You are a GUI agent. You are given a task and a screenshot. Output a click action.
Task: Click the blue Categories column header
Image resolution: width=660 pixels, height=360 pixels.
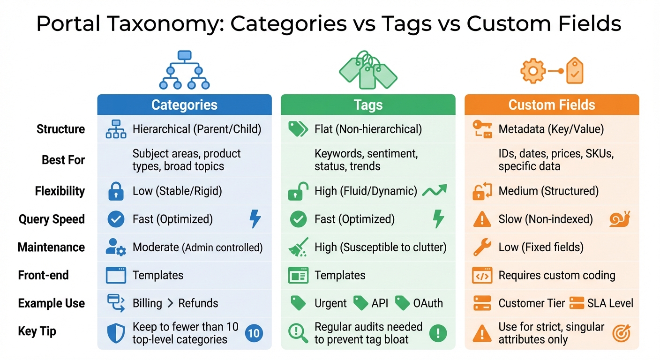(x=184, y=105)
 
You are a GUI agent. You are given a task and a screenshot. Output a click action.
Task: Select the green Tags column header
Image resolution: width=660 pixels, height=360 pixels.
(x=368, y=105)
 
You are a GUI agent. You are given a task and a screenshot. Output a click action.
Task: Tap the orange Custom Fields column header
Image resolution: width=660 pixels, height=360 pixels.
(x=552, y=105)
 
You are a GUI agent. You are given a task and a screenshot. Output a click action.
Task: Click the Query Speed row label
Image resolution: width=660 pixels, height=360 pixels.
(x=52, y=219)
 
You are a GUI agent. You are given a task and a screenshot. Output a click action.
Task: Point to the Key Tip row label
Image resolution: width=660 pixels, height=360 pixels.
(x=37, y=331)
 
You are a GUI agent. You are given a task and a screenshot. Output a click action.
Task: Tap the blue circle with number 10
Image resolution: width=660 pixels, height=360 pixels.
(x=254, y=333)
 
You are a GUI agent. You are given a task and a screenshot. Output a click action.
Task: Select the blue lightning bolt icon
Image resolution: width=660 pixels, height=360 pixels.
(x=255, y=219)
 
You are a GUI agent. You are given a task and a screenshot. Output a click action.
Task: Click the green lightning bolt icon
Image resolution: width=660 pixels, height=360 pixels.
(x=438, y=219)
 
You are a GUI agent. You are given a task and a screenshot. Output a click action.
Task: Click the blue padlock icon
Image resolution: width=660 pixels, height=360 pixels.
(x=115, y=191)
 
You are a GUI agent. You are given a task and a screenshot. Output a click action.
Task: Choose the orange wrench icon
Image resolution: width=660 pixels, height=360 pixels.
(x=482, y=247)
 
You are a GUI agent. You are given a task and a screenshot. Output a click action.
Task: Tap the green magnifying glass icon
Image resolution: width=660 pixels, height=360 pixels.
(x=298, y=333)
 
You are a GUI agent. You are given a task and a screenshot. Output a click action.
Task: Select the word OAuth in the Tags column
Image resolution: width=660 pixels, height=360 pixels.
(x=428, y=304)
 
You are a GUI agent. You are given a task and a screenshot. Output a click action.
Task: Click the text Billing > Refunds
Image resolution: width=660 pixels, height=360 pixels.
(x=175, y=304)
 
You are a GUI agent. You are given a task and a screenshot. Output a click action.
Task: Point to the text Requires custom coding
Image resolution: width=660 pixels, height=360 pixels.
(x=557, y=276)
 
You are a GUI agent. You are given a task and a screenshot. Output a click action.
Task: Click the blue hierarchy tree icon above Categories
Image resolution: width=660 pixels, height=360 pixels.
(x=184, y=70)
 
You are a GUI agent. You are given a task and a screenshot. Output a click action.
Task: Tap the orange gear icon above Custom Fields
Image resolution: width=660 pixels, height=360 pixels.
(x=533, y=71)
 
